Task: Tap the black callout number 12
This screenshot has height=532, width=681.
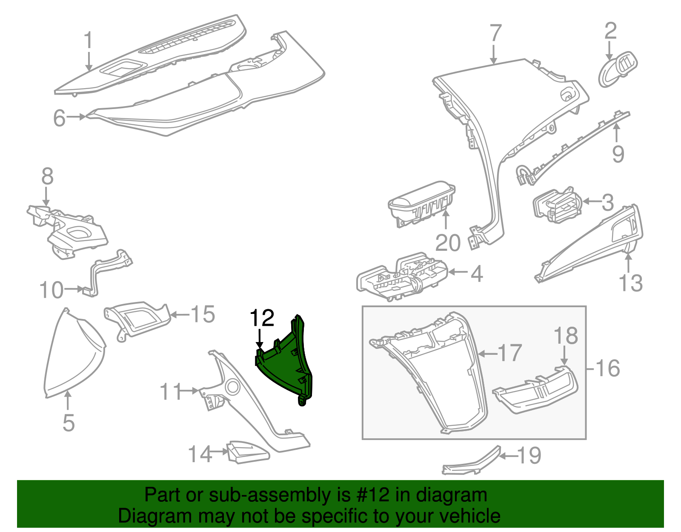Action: [x=262, y=318]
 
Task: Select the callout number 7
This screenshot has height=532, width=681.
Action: [x=495, y=34]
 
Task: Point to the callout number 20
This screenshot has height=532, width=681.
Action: [x=448, y=243]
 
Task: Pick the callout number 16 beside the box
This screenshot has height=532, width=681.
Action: [x=608, y=368]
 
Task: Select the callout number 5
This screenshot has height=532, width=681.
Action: [x=69, y=423]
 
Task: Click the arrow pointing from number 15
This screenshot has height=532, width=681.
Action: [x=179, y=315]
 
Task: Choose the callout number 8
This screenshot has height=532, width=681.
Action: [x=47, y=176]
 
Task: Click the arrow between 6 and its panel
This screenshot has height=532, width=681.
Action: [x=77, y=117]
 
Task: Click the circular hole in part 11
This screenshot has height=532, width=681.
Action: [x=232, y=387]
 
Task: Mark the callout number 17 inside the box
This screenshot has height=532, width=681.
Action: [x=509, y=353]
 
